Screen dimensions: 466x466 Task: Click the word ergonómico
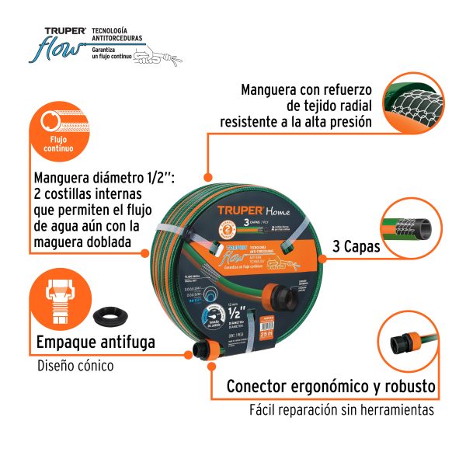point(331,386)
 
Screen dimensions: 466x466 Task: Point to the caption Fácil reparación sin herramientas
point(342,409)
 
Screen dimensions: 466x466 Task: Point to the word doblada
point(114,244)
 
